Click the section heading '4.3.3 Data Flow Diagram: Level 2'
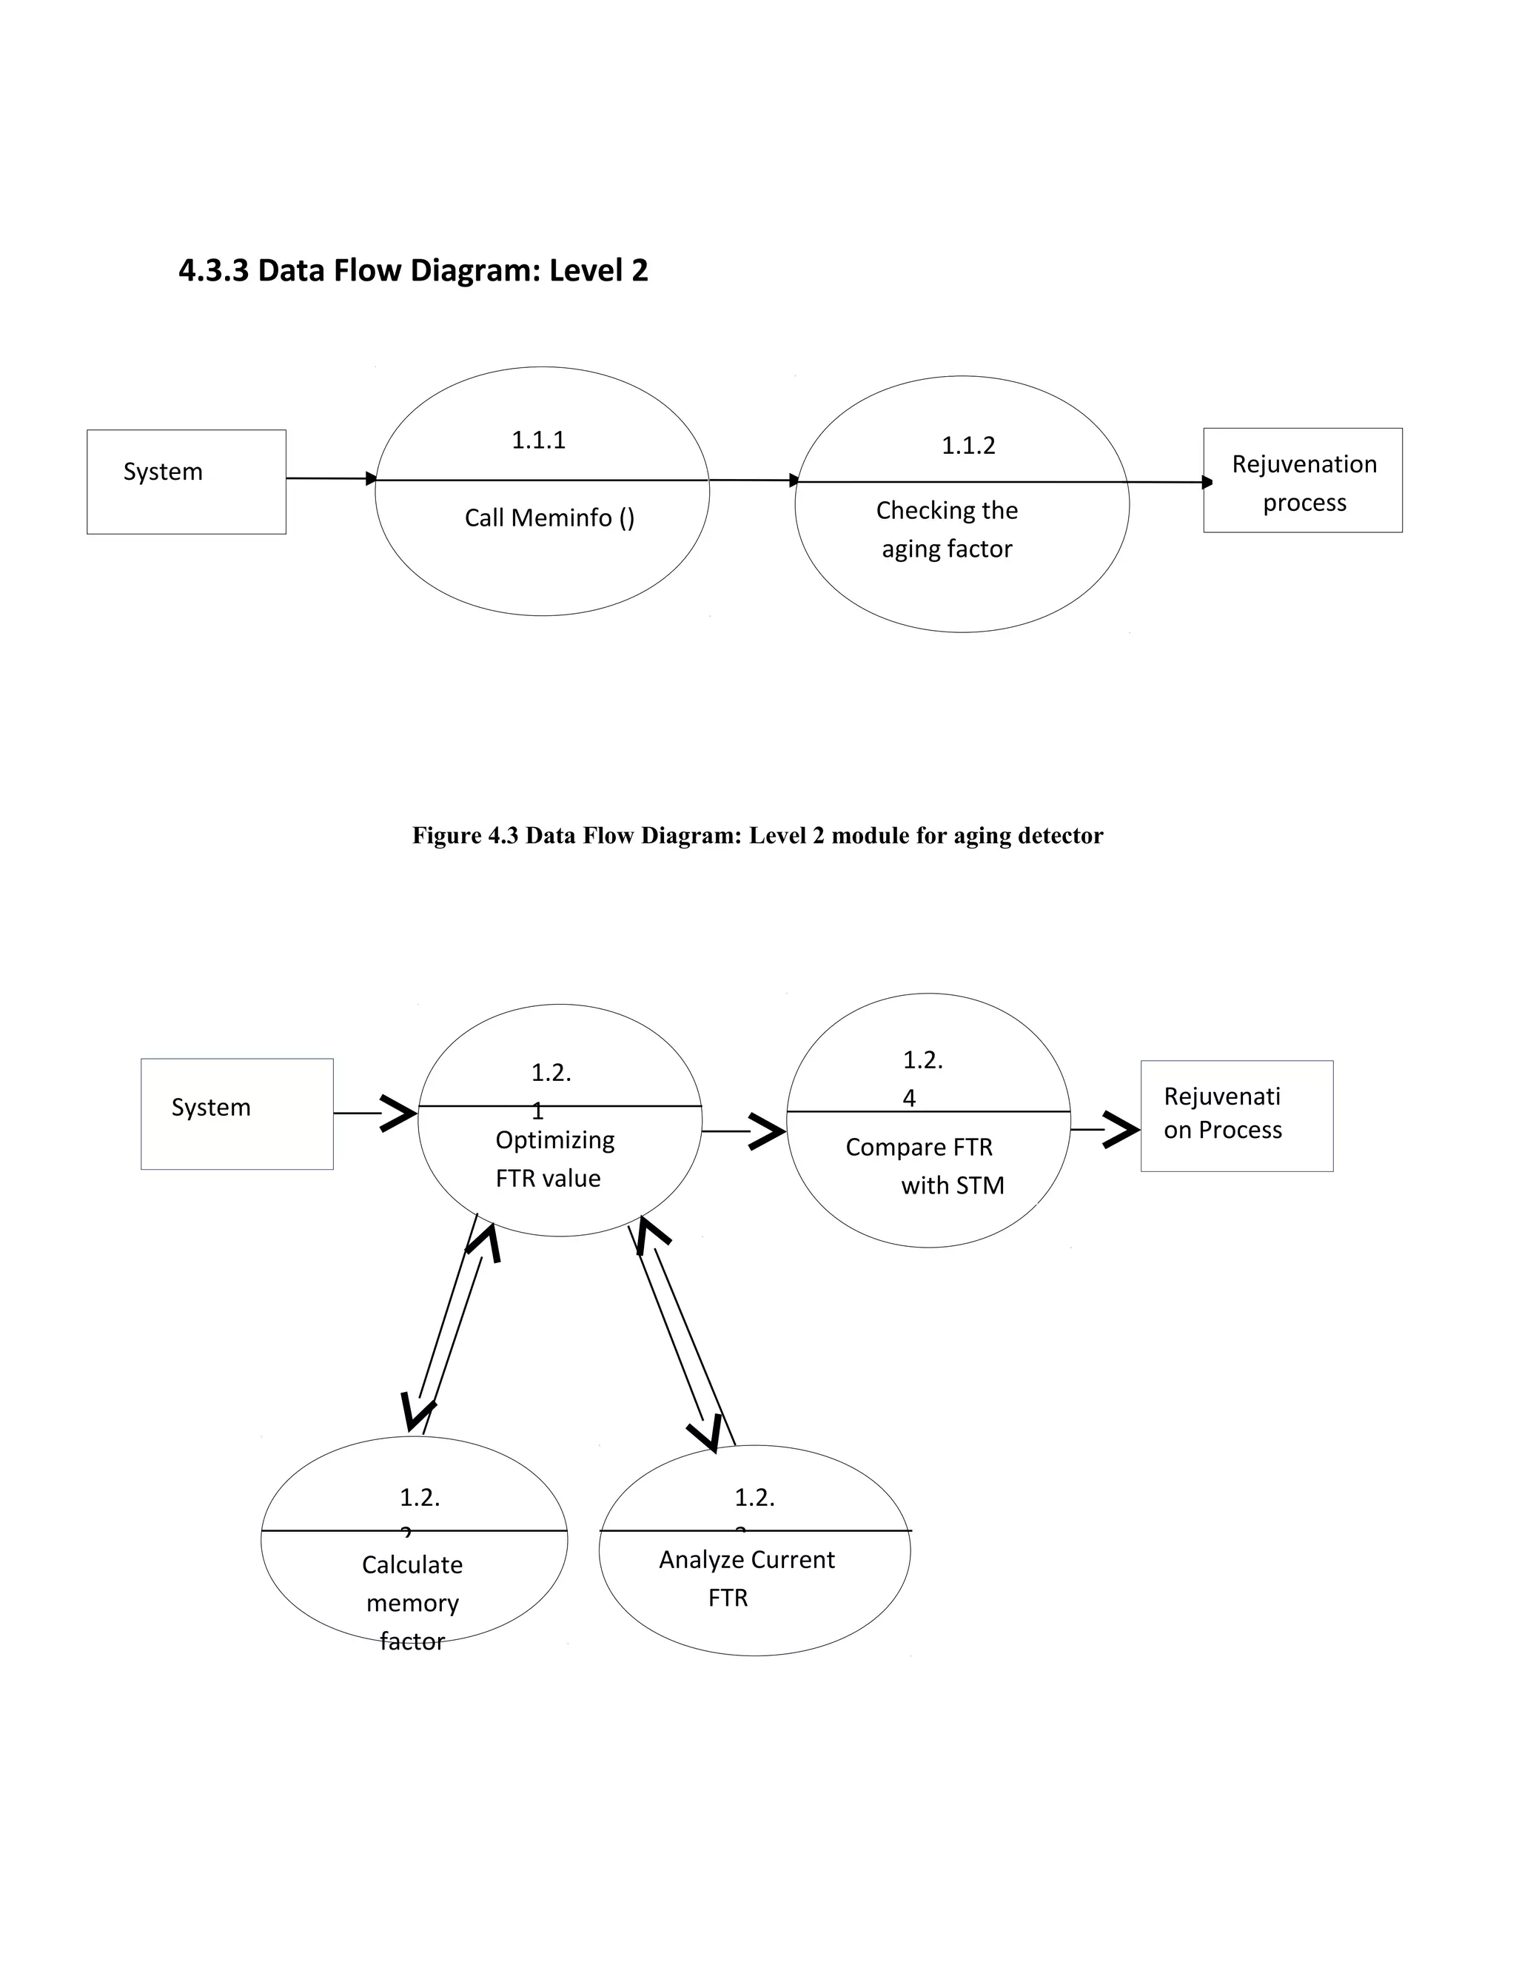click(x=413, y=270)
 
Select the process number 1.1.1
click(x=538, y=441)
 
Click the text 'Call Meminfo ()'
click(x=549, y=518)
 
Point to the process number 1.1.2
click(x=967, y=446)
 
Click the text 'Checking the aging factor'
click(x=947, y=529)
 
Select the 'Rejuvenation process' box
click(x=1302, y=481)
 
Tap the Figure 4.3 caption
click(x=757, y=835)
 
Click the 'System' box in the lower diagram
click(x=236, y=1114)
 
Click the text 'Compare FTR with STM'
click(x=925, y=1166)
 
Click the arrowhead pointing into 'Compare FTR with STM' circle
click(x=768, y=1132)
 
